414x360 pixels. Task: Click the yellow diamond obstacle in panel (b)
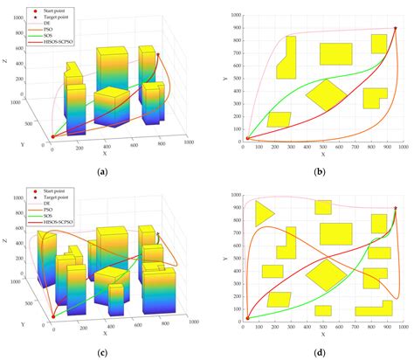pos(327,94)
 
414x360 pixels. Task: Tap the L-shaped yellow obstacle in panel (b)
pos(286,58)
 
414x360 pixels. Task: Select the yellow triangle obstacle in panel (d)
pos(262,212)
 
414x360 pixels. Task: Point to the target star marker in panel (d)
pos(395,208)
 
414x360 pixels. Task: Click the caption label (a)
pos(103,171)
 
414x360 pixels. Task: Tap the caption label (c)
pos(103,351)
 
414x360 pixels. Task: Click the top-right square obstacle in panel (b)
pos(378,44)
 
